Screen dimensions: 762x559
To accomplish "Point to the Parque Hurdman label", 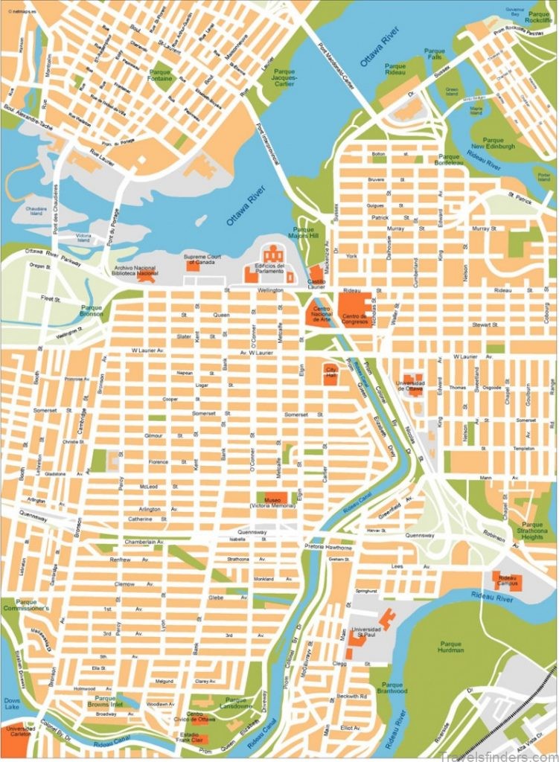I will pyautogui.click(x=450, y=648).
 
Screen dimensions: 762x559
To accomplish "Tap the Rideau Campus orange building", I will pyautogui.click(x=508, y=580).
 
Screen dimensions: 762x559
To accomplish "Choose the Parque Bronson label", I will pyautogui.click(x=92, y=310).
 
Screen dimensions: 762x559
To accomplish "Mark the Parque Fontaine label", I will pyautogui.click(x=160, y=75).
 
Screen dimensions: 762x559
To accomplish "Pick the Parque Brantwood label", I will pyautogui.click(x=392, y=688).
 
